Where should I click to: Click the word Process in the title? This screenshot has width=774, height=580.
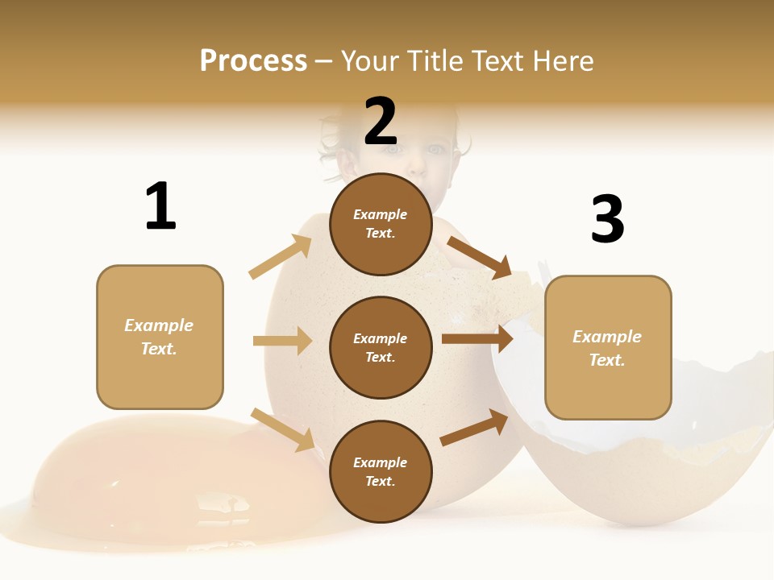pos(253,61)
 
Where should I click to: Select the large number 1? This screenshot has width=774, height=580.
pos(160,206)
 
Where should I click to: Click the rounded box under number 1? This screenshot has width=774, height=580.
pos(160,337)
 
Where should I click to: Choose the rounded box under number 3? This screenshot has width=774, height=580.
pos(608,348)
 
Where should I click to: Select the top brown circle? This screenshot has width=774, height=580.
pos(381,224)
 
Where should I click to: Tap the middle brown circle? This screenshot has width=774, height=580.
pos(381,348)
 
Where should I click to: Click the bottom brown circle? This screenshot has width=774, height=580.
pos(381,472)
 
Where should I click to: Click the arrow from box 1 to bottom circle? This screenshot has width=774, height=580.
pos(282,429)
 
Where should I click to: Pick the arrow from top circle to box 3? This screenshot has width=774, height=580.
pos(479,257)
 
